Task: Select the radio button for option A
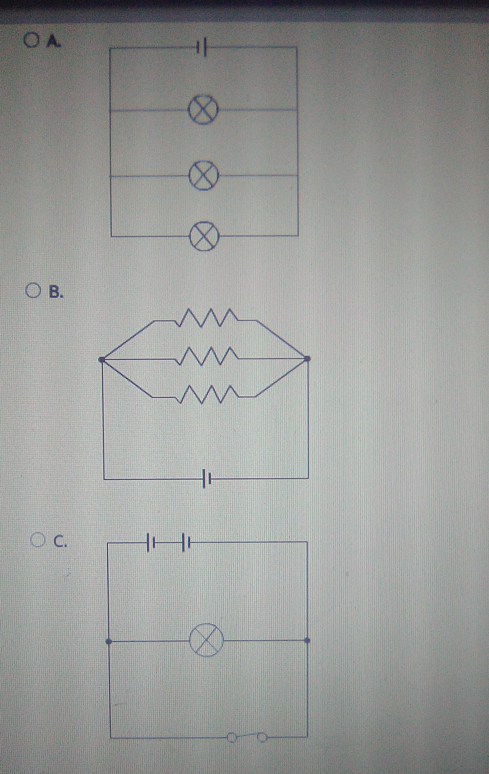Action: point(31,40)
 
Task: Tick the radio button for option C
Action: point(38,540)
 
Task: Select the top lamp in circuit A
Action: point(204,109)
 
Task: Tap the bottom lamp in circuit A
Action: point(204,236)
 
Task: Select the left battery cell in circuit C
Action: point(151,543)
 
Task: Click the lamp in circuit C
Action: point(207,641)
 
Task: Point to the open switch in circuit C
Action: point(247,736)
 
